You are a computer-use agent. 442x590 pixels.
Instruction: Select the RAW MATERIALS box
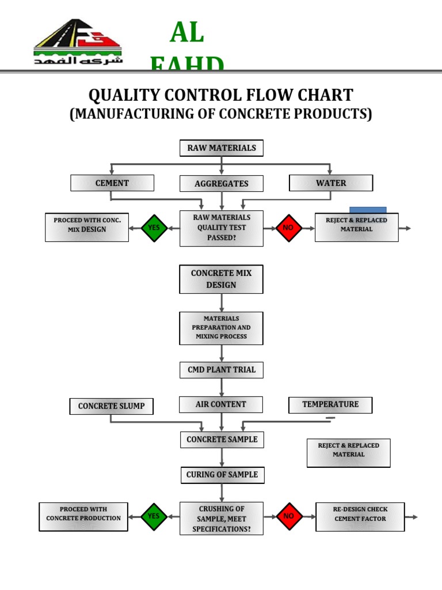tap(222, 148)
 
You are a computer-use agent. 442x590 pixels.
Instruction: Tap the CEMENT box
tap(112, 183)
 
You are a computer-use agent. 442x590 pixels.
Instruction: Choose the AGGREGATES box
tap(222, 184)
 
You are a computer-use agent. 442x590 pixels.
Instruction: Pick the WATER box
tap(331, 183)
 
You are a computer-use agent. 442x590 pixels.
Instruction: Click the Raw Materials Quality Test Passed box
tap(222, 228)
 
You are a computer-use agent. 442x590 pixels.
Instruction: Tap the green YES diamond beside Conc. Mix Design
tap(154, 228)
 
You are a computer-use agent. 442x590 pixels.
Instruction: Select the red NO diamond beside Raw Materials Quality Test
tap(289, 228)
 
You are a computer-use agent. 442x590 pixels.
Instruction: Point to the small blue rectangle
tap(368, 210)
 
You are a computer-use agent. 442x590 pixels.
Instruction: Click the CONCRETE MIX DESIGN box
tap(222, 279)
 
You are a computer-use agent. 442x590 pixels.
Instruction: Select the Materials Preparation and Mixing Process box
tap(222, 327)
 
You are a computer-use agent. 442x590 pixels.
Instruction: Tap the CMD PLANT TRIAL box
tap(222, 370)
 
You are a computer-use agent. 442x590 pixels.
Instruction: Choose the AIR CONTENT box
tap(221, 404)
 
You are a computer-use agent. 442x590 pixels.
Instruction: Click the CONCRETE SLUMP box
tap(112, 406)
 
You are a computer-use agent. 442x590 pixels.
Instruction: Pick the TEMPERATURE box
tap(330, 404)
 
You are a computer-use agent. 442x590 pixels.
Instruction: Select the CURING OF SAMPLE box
tap(222, 475)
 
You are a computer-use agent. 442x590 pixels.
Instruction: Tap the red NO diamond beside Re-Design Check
tap(289, 516)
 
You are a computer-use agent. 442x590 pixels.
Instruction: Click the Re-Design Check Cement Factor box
tap(360, 516)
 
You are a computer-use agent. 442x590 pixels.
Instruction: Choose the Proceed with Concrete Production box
tap(83, 516)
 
